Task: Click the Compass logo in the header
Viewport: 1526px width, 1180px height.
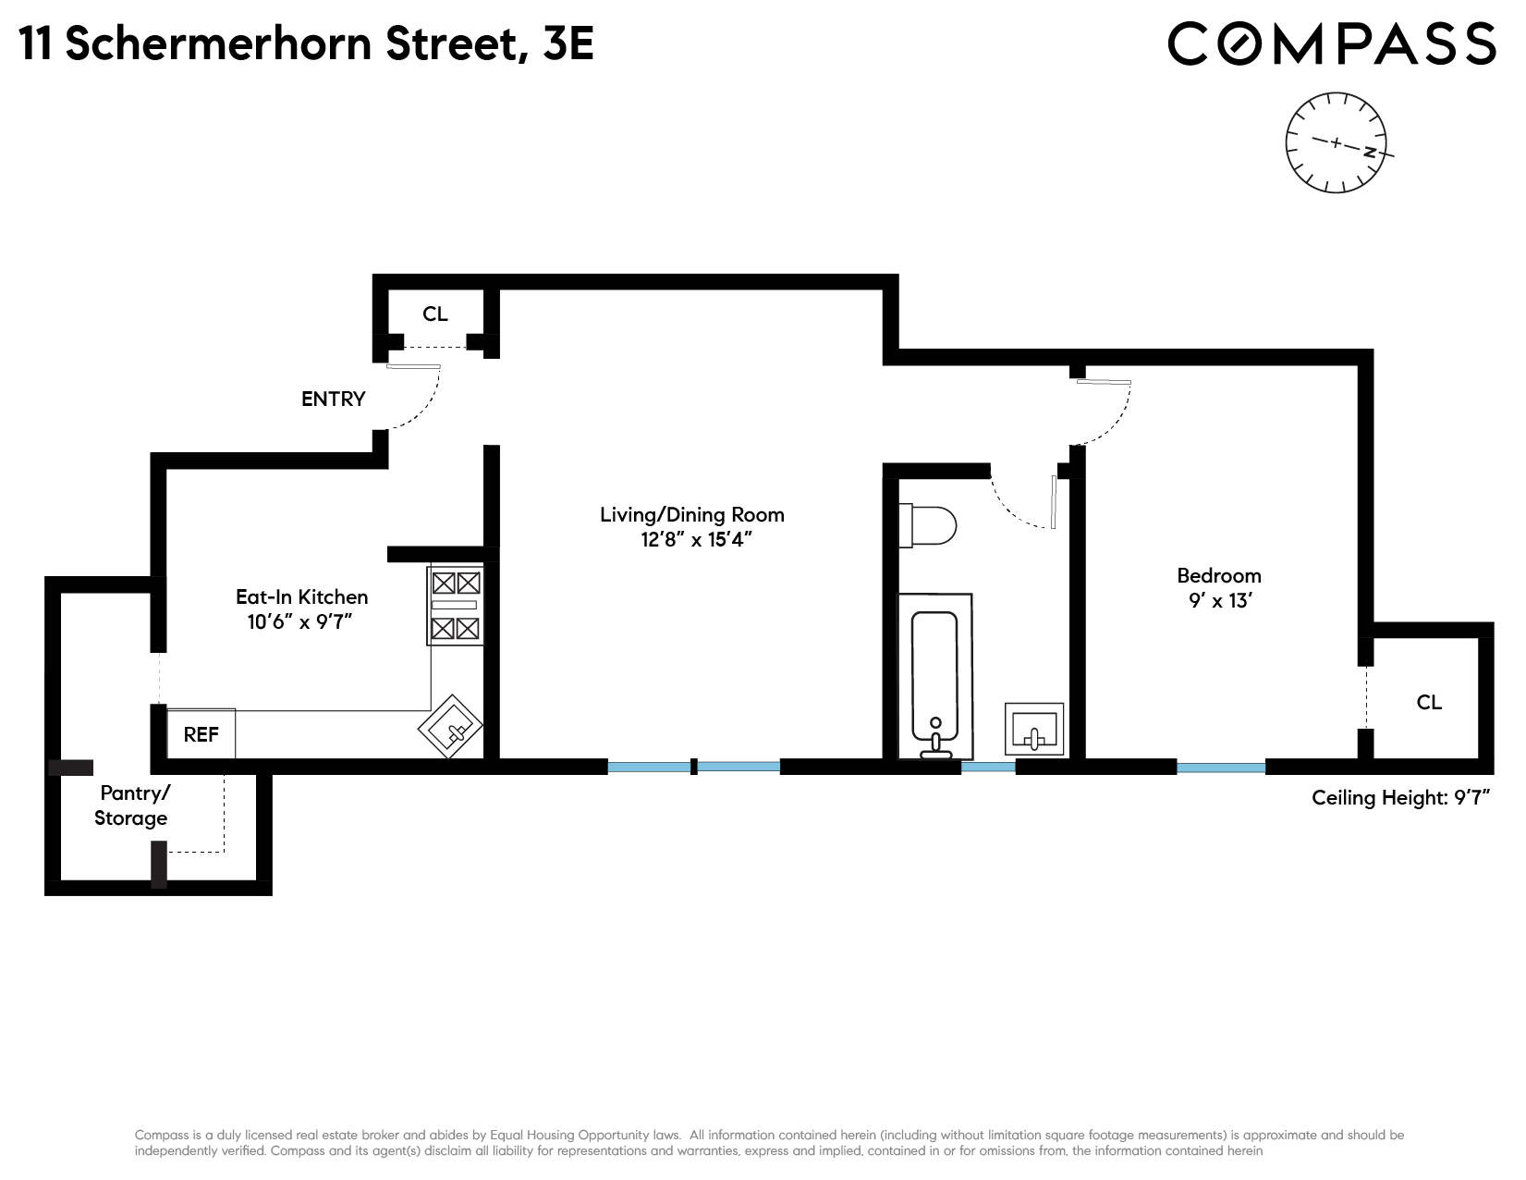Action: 1331,43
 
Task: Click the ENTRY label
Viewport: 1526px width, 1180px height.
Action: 334,399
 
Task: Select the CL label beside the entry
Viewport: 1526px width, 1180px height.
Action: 435,314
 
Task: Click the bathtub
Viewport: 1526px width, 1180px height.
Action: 935,675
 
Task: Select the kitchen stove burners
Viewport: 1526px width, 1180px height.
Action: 456,606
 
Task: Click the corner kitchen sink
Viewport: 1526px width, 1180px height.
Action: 451,727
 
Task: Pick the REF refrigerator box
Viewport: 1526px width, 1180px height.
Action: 201,734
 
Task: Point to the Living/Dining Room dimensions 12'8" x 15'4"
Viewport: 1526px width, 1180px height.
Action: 692,540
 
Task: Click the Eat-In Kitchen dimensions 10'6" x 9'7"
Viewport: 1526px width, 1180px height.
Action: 300,622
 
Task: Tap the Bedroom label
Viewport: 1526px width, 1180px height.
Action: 1218,575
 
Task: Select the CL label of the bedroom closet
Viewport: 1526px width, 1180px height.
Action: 1429,702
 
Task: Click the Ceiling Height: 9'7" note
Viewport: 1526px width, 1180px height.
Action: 1402,797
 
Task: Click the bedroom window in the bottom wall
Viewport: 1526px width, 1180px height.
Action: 1221,768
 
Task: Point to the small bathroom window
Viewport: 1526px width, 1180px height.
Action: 988,767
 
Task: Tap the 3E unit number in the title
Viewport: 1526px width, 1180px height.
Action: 568,43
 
